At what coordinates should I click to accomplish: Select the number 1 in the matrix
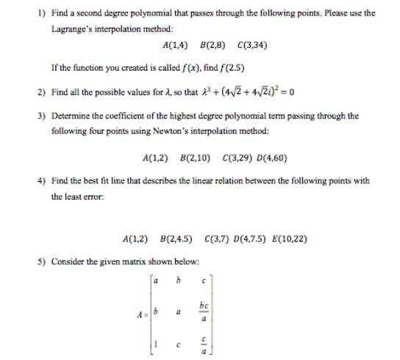153,345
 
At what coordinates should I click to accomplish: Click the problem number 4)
40,181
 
